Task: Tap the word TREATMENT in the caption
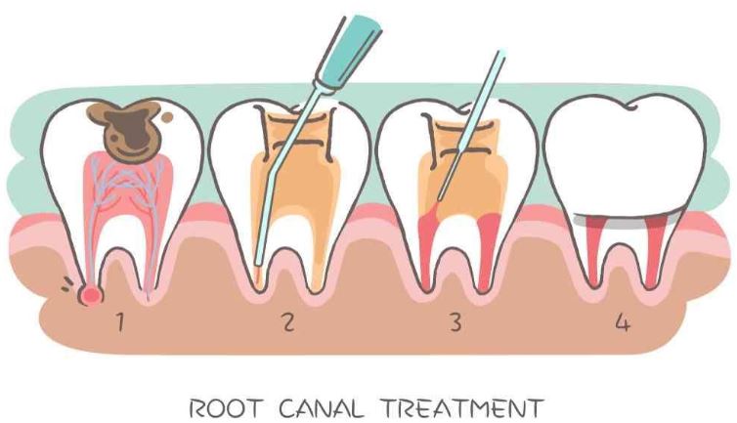coord(470,403)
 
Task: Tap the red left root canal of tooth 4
coord(590,244)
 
